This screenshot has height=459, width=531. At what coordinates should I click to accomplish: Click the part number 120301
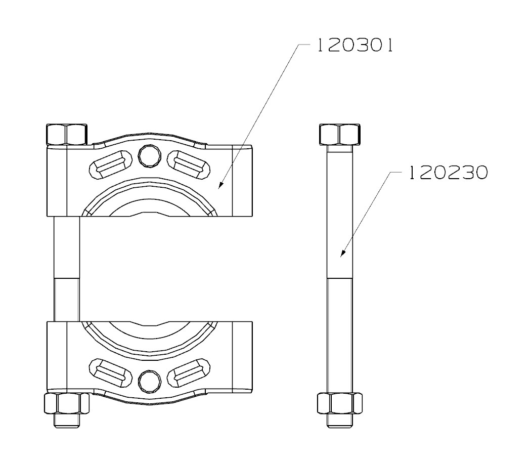pyautogui.click(x=355, y=46)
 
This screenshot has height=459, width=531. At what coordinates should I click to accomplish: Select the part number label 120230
pyautogui.click(x=448, y=174)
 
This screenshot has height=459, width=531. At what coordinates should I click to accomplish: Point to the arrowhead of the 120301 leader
pyautogui.click(x=219, y=188)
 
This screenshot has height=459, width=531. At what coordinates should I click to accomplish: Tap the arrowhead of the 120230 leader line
pyautogui.click(x=342, y=255)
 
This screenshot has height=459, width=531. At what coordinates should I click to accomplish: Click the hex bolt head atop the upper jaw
pyautogui.click(x=66, y=134)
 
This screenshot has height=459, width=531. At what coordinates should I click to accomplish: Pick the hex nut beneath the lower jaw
pyautogui.click(x=66, y=404)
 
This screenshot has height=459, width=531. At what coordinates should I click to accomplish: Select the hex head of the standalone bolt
pyautogui.click(x=340, y=134)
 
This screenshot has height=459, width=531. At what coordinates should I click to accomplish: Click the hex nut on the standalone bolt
pyautogui.click(x=339, y=404)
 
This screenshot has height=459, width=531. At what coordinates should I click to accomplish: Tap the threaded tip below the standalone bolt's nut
pyautogui.click(x=340, y=421)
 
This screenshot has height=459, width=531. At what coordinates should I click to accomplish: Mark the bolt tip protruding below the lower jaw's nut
pyautogui.click(x=66, y=421)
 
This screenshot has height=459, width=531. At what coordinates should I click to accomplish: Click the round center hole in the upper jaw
pyautogui.click(x=150, y=156)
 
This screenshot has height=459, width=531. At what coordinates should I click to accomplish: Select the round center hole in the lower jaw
pyautogui.click(x=150, y=380)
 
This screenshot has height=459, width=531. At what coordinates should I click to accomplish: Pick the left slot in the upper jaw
pyautogui.click(x=111, y=164)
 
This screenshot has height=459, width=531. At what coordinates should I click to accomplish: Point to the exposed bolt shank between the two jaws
pyautogui.click(x=66, y=268)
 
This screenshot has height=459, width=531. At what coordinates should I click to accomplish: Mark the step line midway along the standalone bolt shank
pyautogui.click(x=340, y=278)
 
